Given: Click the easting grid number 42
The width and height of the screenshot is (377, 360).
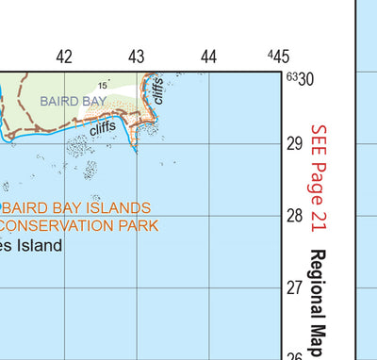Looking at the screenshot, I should pos(64,57).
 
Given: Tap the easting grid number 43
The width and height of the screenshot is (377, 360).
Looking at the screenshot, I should pos(137,57).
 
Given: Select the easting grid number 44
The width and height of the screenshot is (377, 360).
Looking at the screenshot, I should pos(209,57).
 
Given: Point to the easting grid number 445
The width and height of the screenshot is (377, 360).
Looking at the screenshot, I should pos(278,57).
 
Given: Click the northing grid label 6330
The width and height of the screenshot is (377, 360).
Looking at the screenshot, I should pos(300,79).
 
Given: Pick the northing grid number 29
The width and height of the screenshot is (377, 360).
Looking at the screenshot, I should pos(294,143).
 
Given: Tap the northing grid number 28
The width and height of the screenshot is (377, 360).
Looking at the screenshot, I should pos(294,215).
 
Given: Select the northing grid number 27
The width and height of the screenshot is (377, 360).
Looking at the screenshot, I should pos(294,287).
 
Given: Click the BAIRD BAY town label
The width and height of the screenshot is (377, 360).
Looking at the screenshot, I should pos(74,99).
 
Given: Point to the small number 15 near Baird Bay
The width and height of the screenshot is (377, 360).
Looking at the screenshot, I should pos(102,87).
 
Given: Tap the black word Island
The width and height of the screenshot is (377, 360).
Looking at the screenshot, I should pos(40,246).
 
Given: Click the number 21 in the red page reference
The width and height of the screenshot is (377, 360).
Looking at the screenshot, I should pos(318,222).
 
